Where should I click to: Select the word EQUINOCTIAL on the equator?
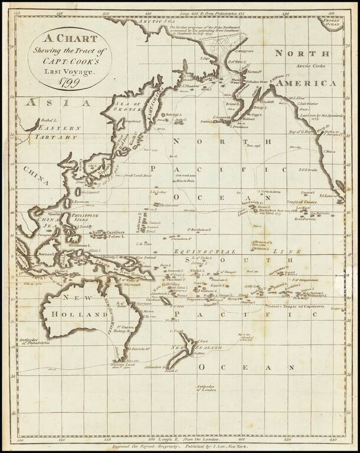coord(189,251)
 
